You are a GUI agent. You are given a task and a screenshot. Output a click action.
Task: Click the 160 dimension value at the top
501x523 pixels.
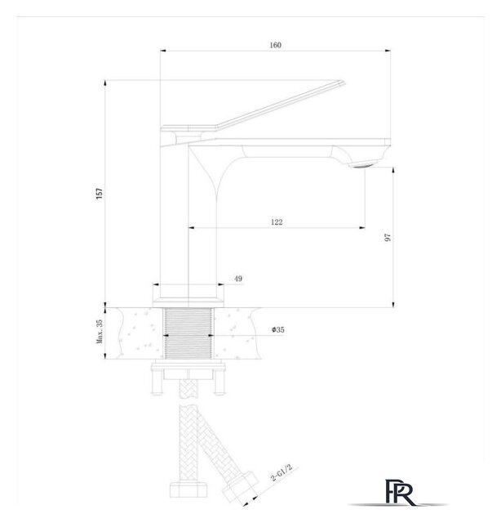[276, 45]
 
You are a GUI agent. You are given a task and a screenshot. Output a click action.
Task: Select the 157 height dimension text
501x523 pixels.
[100, 194]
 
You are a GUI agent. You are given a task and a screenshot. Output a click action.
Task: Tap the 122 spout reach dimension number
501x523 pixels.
[277, 222]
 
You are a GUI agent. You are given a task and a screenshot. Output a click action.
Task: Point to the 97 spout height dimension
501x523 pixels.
[388, 238]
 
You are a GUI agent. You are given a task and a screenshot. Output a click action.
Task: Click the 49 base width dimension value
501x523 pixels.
[238, 279]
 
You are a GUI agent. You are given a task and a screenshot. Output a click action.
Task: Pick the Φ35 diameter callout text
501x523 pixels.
[277, 330]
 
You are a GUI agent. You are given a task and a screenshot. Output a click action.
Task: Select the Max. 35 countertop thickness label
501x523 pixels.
[100, 332]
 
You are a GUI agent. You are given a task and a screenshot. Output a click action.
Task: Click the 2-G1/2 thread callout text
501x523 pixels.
[282, 472]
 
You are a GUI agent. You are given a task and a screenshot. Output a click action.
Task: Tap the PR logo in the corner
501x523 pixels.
[400, 492]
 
